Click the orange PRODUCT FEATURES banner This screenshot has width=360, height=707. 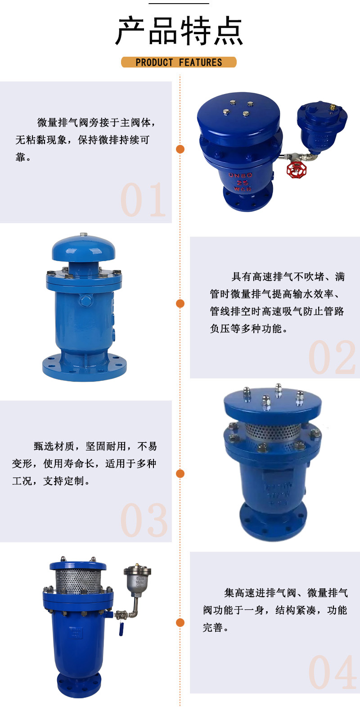coord(179,62)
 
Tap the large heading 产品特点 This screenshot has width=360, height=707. coord(179,31)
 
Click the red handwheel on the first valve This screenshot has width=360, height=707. coord(296,170)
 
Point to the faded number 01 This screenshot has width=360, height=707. coord(143,200)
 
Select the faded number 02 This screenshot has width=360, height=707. coord(332,358)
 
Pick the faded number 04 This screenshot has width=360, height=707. coord(332,673)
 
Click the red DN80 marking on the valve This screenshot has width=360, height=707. coord(241,175)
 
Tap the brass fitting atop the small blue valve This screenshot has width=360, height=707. coord(333,108)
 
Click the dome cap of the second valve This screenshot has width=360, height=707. coord(83,248)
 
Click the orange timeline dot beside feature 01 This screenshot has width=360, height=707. coord(180,149)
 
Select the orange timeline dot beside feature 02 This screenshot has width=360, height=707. coord(180,303)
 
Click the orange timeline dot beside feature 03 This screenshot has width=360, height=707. coord(180,473)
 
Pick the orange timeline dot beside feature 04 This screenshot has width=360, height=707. coord(180,622)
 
